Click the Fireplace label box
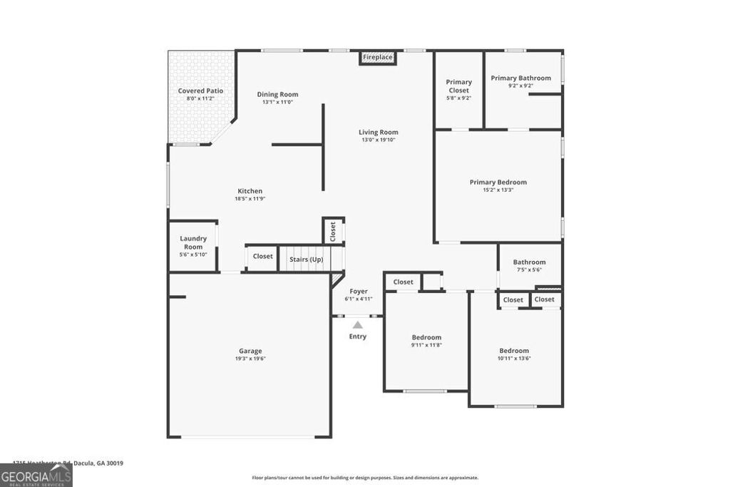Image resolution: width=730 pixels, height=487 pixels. click(377, 57)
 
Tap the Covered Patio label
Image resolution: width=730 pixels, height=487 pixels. click(200, 91)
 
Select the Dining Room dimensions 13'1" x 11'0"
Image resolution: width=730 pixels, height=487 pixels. click(277, 103)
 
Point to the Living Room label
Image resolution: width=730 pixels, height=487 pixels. click(378, 132)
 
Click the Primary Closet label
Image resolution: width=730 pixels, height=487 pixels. click(459, 86)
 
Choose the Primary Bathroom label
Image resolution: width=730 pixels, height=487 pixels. click(520, 78)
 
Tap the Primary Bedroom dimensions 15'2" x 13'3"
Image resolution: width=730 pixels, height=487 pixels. click(498, 190)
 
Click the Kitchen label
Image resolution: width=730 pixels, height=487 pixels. click(250, 191)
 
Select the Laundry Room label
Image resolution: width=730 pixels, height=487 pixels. click(193, 242)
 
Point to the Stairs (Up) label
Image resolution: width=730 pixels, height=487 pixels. click(306, 260)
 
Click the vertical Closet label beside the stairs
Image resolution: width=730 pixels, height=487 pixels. click(333, 231)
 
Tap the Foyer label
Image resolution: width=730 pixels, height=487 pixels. click(358, 291)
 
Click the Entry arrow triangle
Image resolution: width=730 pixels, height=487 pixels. click(358, 325)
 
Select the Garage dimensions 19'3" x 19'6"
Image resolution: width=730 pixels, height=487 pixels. click(250, 359)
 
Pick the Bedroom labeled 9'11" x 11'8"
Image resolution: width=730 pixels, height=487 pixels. click(426, 337)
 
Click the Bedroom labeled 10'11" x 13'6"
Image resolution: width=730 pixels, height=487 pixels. click(514, 350)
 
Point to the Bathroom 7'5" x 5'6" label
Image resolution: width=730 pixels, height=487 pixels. click(529, 262)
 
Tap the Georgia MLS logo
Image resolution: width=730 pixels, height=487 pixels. click(36, 475)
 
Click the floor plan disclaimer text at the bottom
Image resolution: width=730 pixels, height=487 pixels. click(365, 478)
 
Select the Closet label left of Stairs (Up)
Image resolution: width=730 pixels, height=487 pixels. click(262, 256)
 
